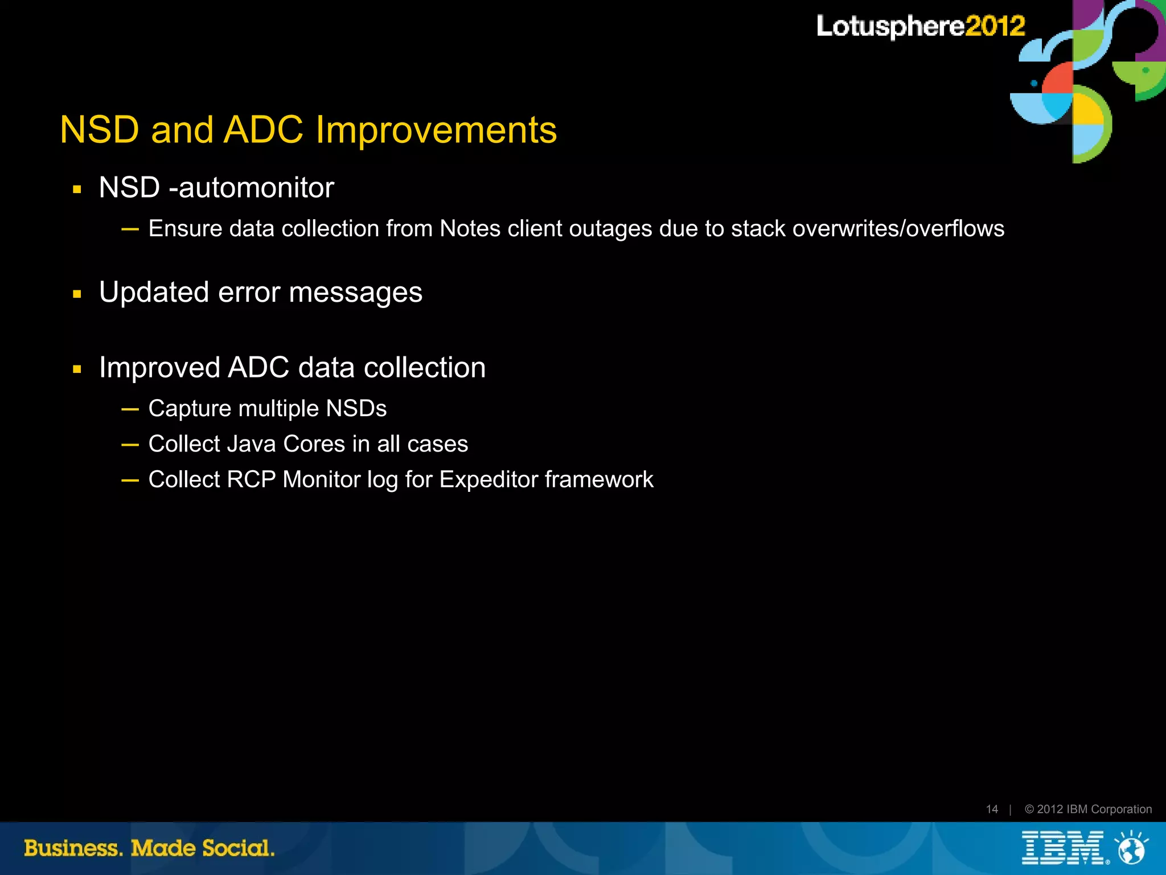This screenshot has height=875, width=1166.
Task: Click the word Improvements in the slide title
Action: tap(436, 130)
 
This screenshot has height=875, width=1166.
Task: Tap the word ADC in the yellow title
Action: tap(263, 130)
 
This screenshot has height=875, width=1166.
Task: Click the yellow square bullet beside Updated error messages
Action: tap(77, 294)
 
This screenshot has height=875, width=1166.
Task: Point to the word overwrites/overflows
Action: tap(898, 229)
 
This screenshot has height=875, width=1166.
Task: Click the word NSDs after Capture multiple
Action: tap(356, 409)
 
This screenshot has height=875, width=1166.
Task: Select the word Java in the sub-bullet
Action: tap(251, 444)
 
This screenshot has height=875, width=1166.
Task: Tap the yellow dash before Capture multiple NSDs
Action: tap(130, 409)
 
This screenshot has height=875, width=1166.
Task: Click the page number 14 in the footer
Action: tap(992, 809)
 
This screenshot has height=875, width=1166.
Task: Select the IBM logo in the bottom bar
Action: tap(1062, 848)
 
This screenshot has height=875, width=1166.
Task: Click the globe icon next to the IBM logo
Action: tap(1131, 849)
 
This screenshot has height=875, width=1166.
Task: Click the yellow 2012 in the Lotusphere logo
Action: tap(995, 26)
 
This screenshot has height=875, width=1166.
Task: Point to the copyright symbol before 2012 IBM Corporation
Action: tap(1029, 809)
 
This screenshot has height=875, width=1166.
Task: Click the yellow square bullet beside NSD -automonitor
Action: tap(77, 190)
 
